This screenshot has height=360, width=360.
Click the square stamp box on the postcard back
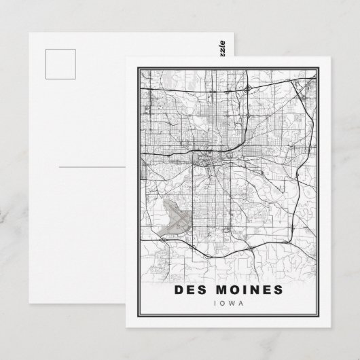pos(57,67)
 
